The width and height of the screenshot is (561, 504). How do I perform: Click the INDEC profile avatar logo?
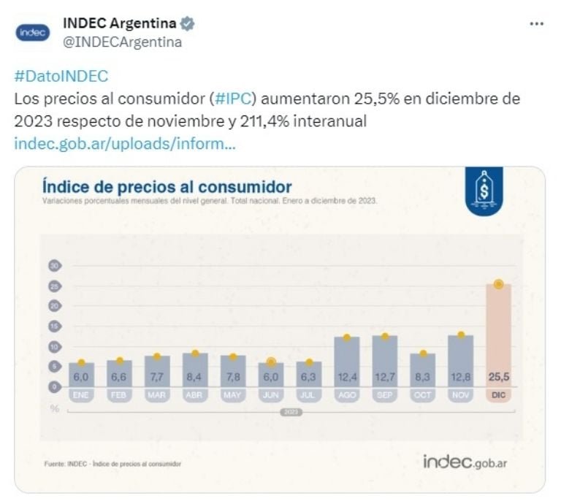(x=31, y=33)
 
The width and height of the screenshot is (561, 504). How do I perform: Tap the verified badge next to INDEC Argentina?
(x=188, y=24)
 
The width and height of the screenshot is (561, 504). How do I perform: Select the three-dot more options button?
(x=536, y=23)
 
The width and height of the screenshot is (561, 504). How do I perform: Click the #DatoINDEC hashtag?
(x=61, y=77)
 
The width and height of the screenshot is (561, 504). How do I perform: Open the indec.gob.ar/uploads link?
(x=125, y=143)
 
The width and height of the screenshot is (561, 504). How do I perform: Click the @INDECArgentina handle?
(x=123, y=42)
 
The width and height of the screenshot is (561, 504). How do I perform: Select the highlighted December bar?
(x=499, y=336)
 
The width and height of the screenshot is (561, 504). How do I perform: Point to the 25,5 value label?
(x=499, y=378)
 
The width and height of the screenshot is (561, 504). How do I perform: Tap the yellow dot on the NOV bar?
(x=461, y=335)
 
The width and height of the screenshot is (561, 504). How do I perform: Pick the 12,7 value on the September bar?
(x=385, y=378)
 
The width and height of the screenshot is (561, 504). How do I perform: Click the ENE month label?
(x=81, y=394)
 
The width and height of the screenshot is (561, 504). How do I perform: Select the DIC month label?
(x=499, y=394)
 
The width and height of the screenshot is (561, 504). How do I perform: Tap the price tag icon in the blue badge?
(x=484, y=190)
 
